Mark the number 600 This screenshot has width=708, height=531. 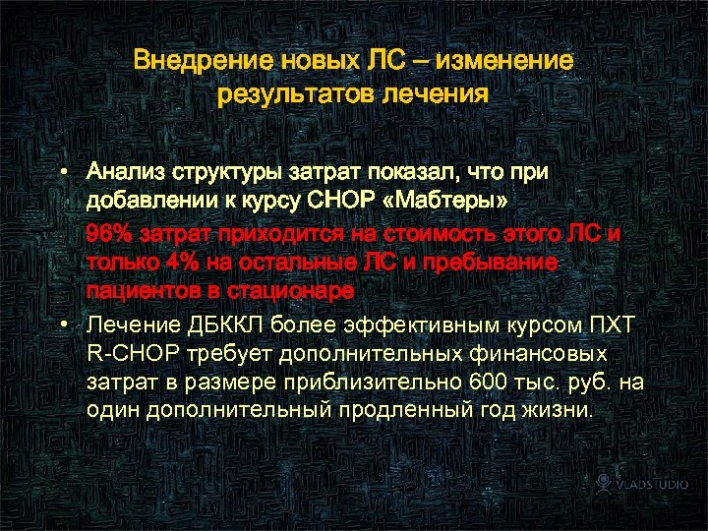click(x=488, y=383)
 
